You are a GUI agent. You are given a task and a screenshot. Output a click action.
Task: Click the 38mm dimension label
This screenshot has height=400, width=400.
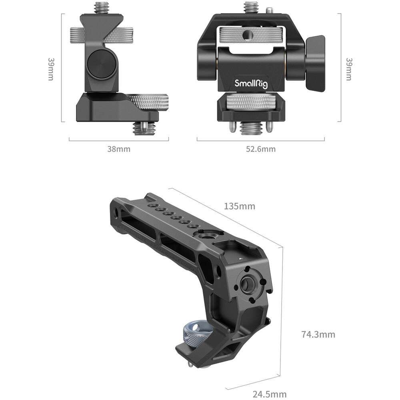click(x=119, y=149)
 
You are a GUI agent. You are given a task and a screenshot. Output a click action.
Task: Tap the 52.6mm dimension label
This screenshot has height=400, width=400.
click(x=261, y=149)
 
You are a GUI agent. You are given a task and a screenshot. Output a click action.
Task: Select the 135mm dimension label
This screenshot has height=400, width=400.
click(x=239, y=206)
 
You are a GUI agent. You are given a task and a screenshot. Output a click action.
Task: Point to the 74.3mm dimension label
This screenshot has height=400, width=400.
click(x=318, y=334)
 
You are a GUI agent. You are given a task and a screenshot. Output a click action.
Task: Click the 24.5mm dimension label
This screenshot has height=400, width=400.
click(x=270, y=394)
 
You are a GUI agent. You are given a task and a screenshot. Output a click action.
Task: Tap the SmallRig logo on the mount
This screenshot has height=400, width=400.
click(x=251, y=84)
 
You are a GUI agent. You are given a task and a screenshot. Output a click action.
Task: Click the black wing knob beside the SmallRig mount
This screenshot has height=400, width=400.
click(x=315, y=63)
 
